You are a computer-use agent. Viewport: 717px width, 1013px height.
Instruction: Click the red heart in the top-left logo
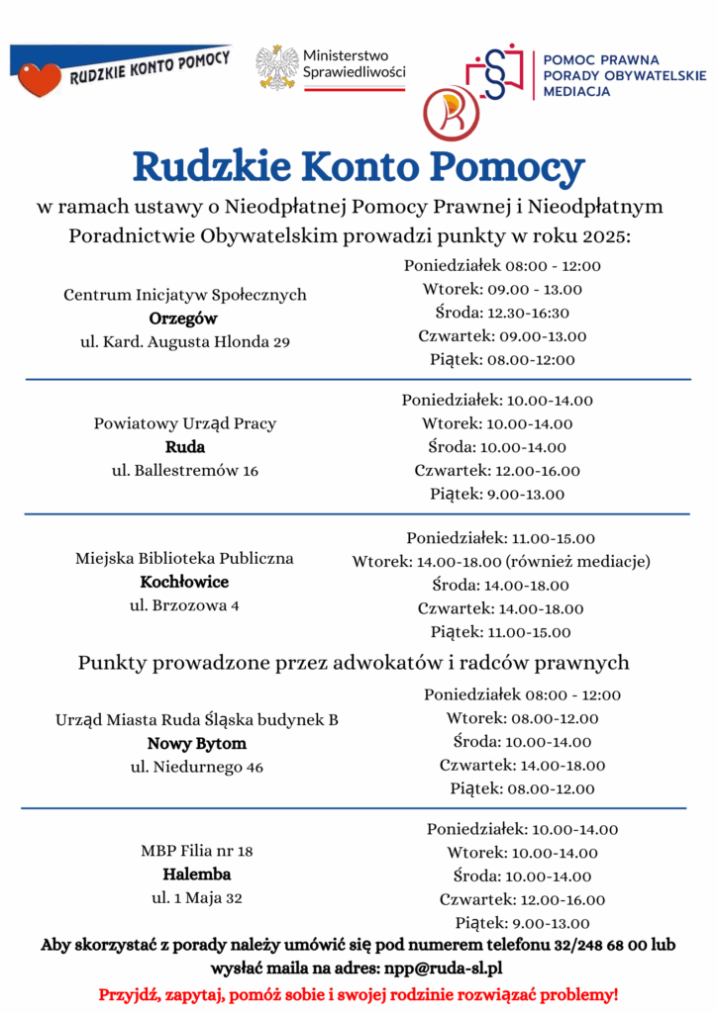40,79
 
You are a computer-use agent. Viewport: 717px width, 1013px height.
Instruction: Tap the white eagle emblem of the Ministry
276,67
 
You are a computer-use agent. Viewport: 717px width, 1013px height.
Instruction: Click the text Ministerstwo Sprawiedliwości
354,64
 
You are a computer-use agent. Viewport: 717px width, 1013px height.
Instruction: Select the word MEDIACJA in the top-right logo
577,91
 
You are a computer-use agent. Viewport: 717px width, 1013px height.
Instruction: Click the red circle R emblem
451,111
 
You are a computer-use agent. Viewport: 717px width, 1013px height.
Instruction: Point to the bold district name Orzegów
183,319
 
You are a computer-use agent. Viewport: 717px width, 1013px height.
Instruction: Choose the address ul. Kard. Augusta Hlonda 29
184,342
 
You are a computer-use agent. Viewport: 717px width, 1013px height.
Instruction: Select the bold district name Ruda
185,447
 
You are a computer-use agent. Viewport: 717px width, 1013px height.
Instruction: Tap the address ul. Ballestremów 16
185,471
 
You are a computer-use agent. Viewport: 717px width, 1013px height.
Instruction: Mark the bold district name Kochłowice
184,582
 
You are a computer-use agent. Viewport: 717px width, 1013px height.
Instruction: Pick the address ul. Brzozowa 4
184,605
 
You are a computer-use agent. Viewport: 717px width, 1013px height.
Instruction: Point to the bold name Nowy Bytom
197,743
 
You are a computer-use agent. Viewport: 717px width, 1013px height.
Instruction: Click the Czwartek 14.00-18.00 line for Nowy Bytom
522,765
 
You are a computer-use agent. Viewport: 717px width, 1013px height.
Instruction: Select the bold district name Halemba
197,875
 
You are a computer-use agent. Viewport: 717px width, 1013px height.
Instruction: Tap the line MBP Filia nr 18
197,851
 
